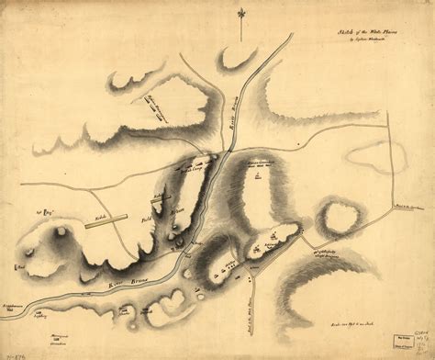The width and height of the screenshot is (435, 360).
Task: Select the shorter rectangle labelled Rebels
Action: (157, 196)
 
